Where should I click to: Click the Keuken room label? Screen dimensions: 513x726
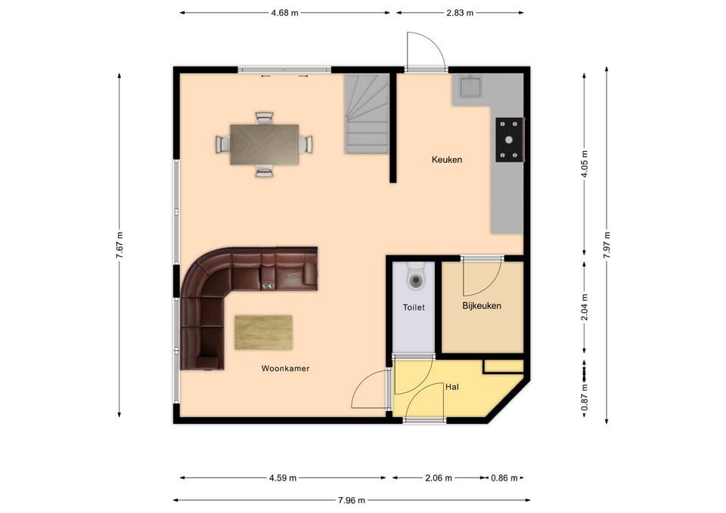pyautogui.click(x=446, y=159)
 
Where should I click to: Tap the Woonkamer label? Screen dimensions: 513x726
pyautogui.click(x=285, y=369)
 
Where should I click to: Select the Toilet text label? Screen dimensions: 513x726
pyautogui.click(x=414, y=307)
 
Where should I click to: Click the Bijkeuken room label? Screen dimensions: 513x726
pyautogui.click(x=482, y=306)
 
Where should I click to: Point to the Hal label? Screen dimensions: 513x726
pyautogui.click(x=452, y=386)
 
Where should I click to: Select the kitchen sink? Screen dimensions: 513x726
pyautogui.click(x=471, y=87)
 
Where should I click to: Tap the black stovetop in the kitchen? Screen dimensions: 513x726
pyautogui.click(x=509, y=140)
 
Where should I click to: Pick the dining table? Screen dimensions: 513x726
pyautogui.click(x=264, y=144)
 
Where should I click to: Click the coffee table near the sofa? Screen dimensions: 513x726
pyautogui.click(x=263, y=332)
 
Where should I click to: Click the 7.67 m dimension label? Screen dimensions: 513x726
pyautogui.click(x=119, y=245)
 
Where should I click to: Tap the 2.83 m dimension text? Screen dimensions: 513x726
pyautogui.click(x=459, y=12)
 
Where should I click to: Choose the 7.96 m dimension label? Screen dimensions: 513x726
pyautogui.click(x=351, y=500)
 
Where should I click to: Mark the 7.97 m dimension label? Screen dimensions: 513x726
pyautogui.click(x=607, y=245)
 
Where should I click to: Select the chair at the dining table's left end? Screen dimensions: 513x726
pyautogui.click(x=222, y=144)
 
